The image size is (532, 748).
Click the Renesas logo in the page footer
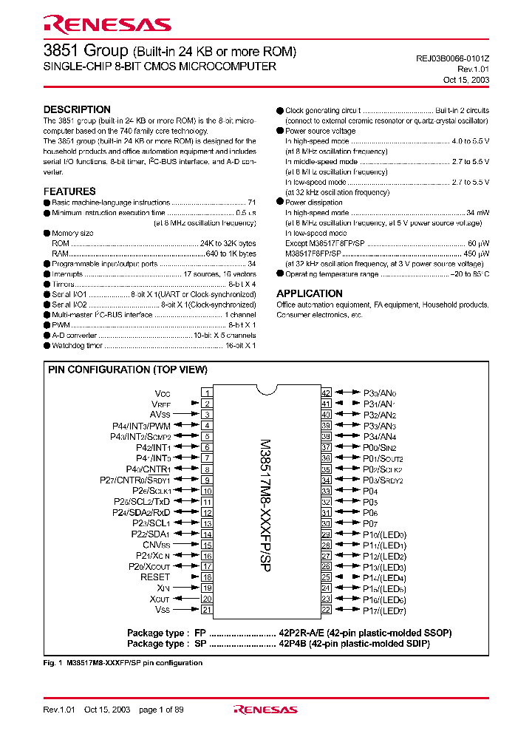click(x=265, y=710)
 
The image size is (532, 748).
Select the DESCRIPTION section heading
click(x=77, y=109)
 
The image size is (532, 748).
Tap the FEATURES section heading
click(x=69, y=191)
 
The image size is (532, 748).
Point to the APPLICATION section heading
click(x=309, y=293)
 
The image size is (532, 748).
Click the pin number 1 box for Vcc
click(x=207, y=393)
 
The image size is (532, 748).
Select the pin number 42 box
click(x=326, y=393)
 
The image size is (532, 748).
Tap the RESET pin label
click(x=155, y=577)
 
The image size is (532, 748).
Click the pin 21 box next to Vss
click(x=207, y=610)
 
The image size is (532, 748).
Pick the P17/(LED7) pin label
click(x=384, y=611)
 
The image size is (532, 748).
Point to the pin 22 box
click(x=326, y=610)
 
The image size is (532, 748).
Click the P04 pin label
click(x=370, y=491)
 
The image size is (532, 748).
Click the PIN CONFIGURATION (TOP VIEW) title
click(x=128, y=370)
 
